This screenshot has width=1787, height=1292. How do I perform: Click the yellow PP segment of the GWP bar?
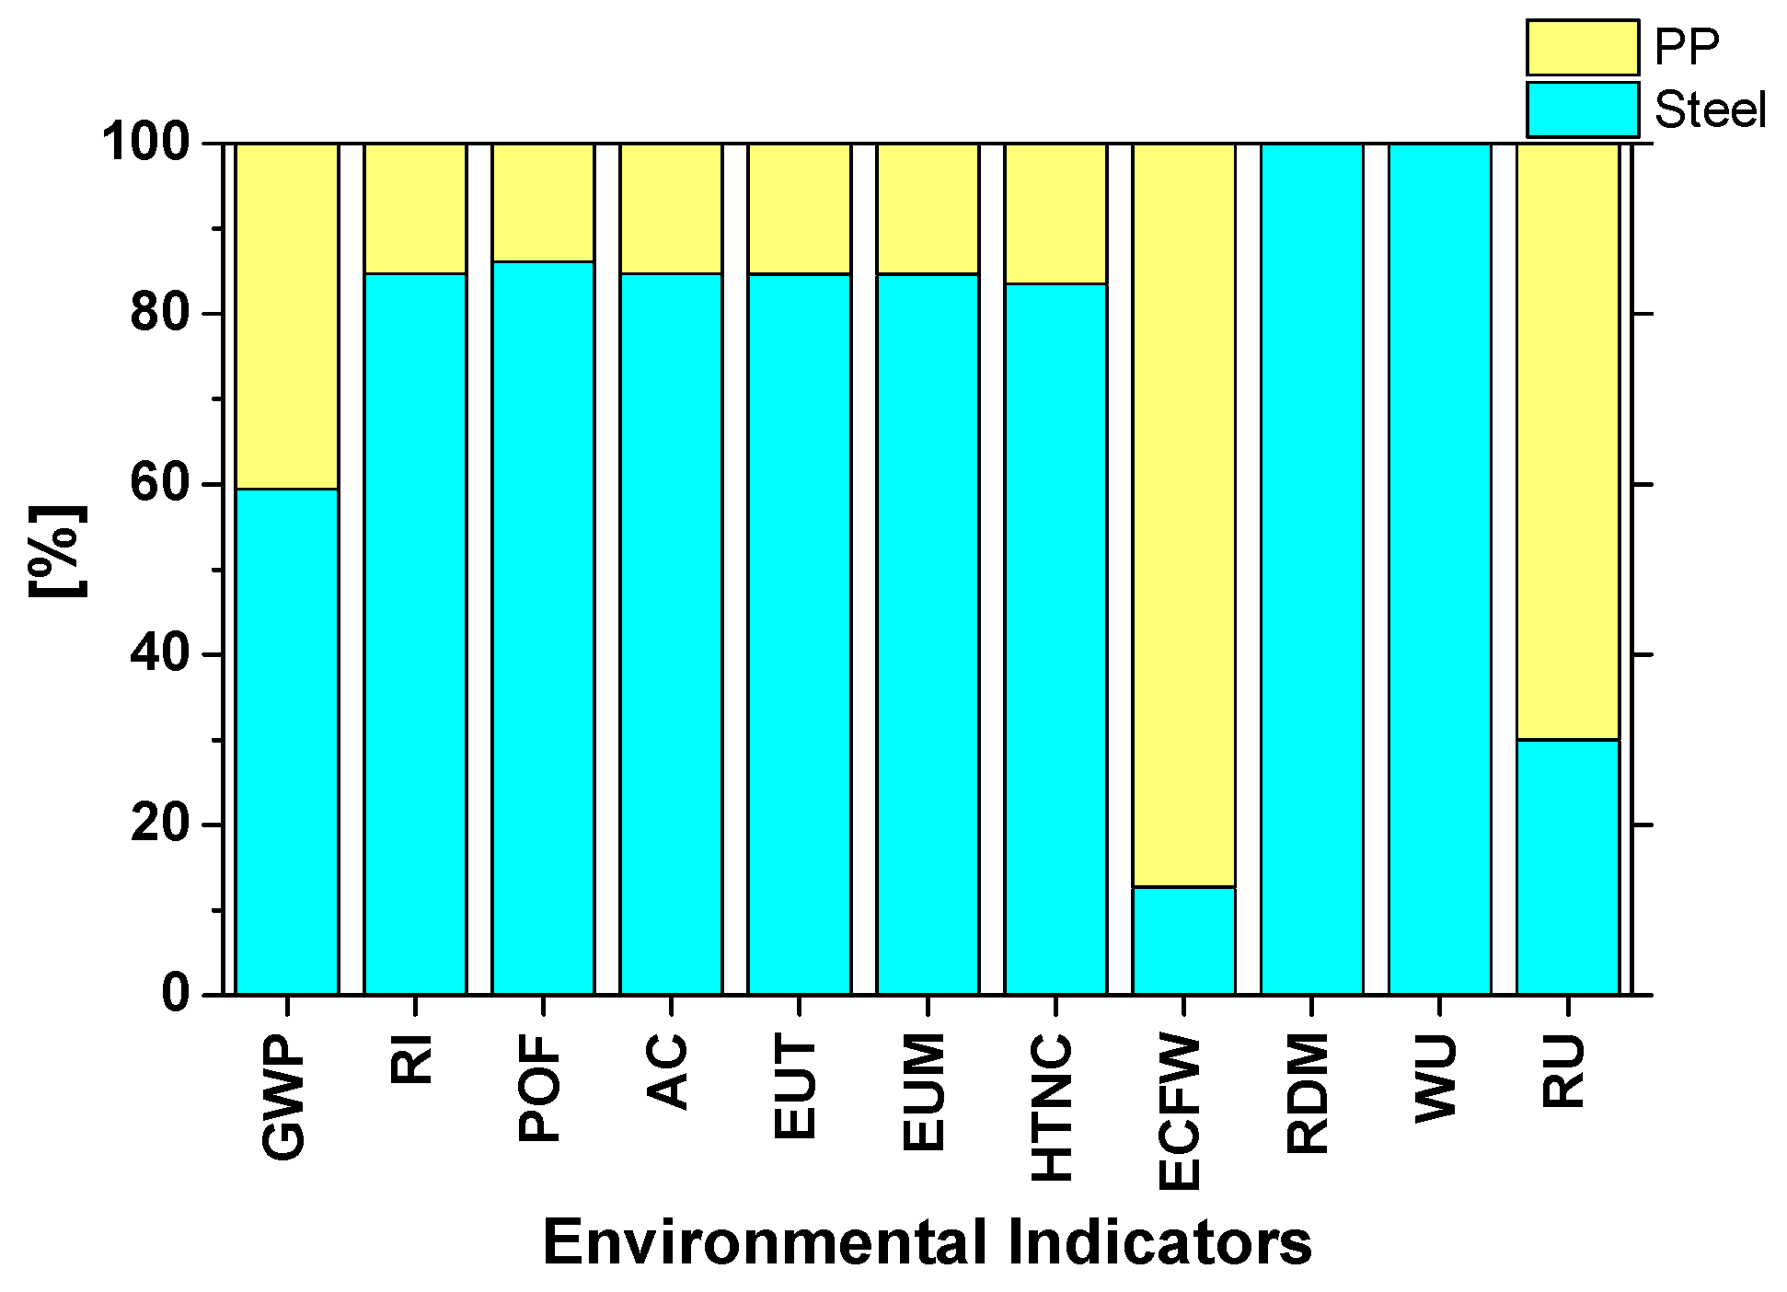pyautogui.click(x=286, y=316)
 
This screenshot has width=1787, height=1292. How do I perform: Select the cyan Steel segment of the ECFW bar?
pyautogui.click(x=1183, y=940)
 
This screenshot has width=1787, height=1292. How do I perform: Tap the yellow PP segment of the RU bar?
pyautogui.click(x=1567, y=441)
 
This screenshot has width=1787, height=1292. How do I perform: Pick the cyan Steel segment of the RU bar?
pyautogui.click(x=1567, y=866)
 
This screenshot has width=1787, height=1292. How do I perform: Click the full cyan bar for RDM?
pyautogui.click(x=1311, y=569)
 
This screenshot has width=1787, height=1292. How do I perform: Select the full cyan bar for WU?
pyautogui.click(x=1439, y=569)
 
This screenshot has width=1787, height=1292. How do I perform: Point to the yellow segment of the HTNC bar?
pyautogui.click(x=1055, y=213)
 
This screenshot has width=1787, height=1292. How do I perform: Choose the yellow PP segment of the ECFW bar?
pyautogui.click(x=1183, y=514)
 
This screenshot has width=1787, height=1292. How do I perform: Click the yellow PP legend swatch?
pyautogui.click(x=1582, y=48)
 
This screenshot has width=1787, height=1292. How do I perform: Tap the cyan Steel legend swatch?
pyautogui.click(x=1582, y=110)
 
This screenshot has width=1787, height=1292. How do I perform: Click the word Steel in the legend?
pyautogui.click(x=1710, y=110)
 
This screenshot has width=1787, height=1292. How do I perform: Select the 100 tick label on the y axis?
pyautogui.click(x=145, y=143)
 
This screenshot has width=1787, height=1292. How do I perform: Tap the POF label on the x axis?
pyautogui.click(x=540, y=1088)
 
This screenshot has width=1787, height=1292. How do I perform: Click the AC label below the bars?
pyautogui.click(x=668, y=1071)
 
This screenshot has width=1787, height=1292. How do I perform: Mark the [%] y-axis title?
pyautogui.click(x=58, y=551)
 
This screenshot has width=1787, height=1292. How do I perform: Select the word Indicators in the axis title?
pyautogui.click(x=1159, y=1242)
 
